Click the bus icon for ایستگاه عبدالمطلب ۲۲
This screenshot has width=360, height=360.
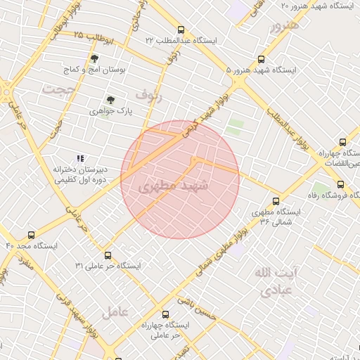click(x=181, y=30)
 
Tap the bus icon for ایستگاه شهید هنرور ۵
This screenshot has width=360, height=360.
click(x=261, y=60)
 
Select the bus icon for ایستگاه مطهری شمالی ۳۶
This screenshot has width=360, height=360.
click(x=276, y=201)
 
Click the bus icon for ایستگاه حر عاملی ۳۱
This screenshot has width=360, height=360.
click(x=108, y=255)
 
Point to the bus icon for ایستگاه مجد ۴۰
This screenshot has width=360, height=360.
click(x=30, y=235)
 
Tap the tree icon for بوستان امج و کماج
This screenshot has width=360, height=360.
click(x=94, y=58)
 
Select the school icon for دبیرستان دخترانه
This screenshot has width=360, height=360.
click(x=80, y=158)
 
